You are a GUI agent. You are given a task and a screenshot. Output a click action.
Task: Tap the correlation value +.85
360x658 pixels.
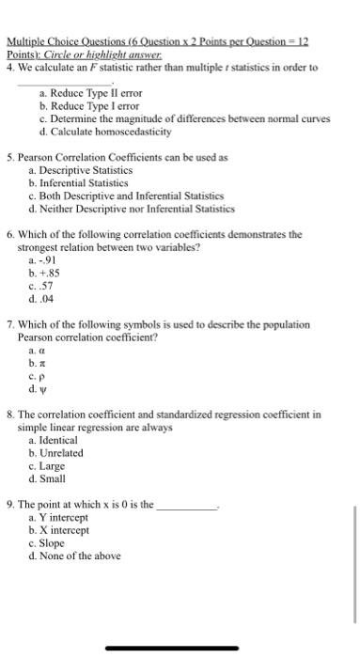(43, 273)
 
